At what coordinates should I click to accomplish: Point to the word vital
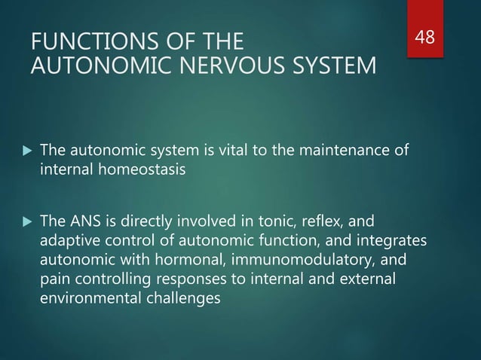[216, 150]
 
